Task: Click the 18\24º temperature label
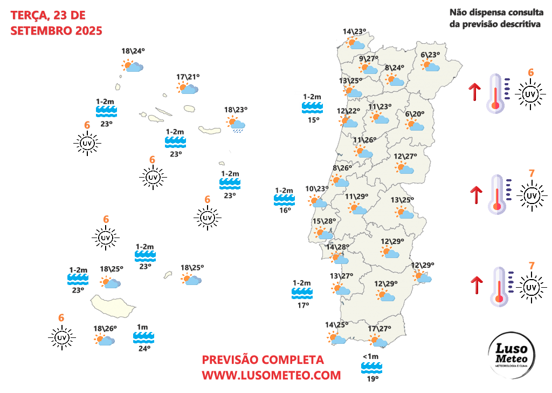click(x=133, y=51)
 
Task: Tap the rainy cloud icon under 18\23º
click(x=236, y=124)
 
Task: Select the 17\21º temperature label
click(x=188, y=77)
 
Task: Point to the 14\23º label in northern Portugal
click(x=355, y=31)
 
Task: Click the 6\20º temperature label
click(x=415, y=113)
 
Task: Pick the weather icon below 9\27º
click(x=369, y=69)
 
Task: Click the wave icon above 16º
click(x=284, y=200)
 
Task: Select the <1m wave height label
click(x=371, y=356)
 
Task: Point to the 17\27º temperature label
click(x=378, y=329)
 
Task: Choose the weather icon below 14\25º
click(x=336, y=338)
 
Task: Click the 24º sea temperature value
click(x=144, y=349)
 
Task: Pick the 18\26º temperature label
click(x=105, y=328)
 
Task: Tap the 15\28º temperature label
click(x=324, y=221)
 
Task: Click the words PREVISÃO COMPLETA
click(x=263, y=360)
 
